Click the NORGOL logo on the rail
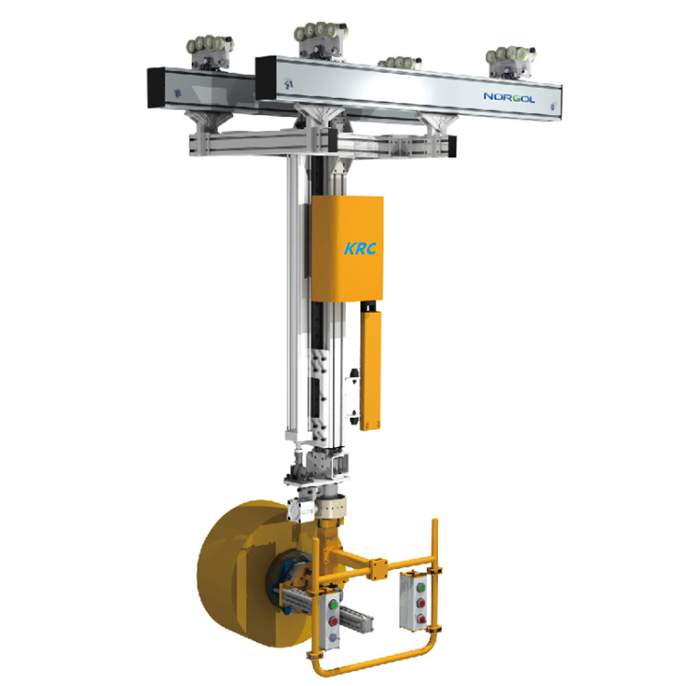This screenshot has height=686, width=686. (x=509, y=97)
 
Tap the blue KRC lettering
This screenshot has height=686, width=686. (x=360, y=249)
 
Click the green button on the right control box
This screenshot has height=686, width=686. (x=421, y=587)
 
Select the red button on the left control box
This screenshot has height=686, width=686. (x=333, y=621)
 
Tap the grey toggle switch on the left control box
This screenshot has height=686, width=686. (x=333, y=638)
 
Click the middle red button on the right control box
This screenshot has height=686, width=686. (x=421, y=604)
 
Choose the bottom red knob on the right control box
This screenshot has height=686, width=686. (x=422, y=619)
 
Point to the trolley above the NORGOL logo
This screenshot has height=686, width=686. (x=511, y=60)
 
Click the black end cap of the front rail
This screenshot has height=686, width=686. (x=266, y=79)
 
